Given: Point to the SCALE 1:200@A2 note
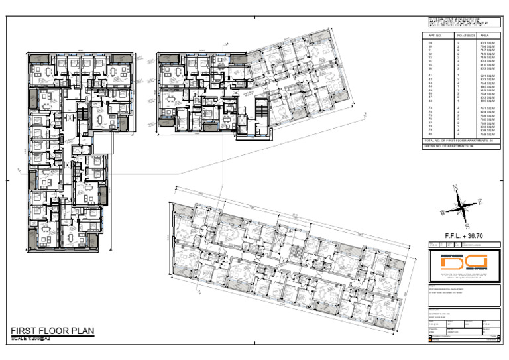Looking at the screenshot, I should tap(31, 339).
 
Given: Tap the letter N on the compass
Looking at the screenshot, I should tap(454, 188).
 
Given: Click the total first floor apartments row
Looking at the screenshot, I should tap(461, 141).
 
